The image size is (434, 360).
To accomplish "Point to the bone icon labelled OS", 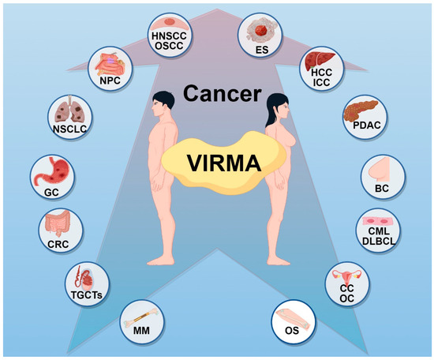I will point(295,320).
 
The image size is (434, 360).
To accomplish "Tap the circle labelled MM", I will point(140,323).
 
